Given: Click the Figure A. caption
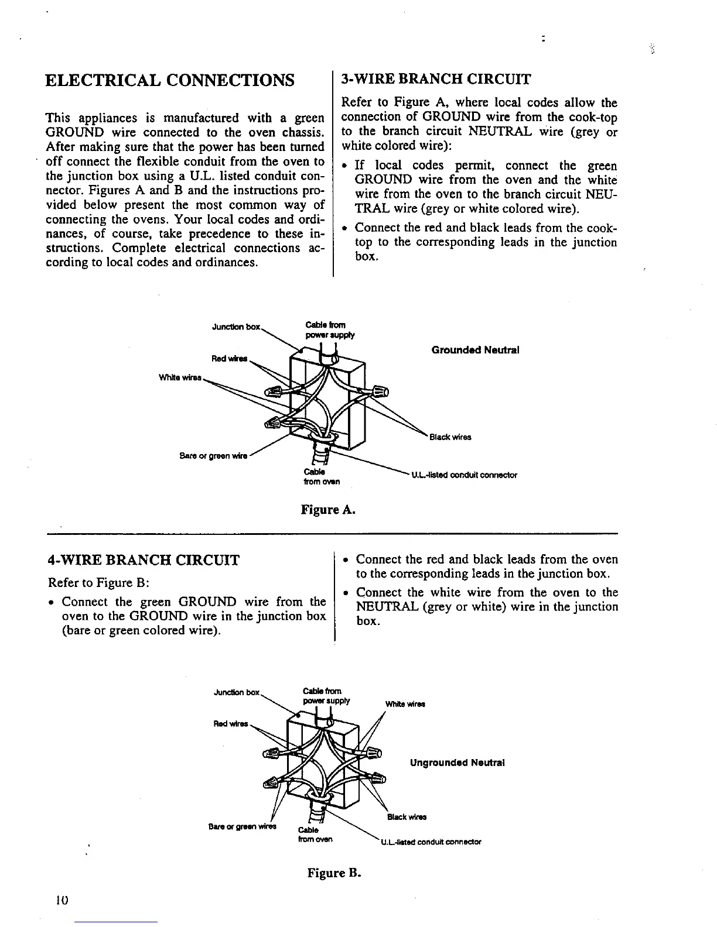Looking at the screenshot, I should click(x=328, y=510).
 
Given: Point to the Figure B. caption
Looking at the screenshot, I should click(x=334, y=873).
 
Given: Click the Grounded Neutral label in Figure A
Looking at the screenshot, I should click(x=475, y=350).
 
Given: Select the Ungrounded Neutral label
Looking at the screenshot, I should click(x=457, y=763).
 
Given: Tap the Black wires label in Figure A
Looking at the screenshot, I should click(x=450, y=437).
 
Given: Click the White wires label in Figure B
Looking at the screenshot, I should click(x=405, y=704).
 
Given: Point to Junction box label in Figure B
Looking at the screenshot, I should click(x=237, y=693).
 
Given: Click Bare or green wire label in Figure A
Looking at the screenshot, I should click(x=213, y=456).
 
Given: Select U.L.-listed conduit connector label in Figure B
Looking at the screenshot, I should click(x=431, y=843).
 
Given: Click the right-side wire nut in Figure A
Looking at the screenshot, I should click(x=378, y=390).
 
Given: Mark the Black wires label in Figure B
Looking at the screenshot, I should click(x=407, y=817).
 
